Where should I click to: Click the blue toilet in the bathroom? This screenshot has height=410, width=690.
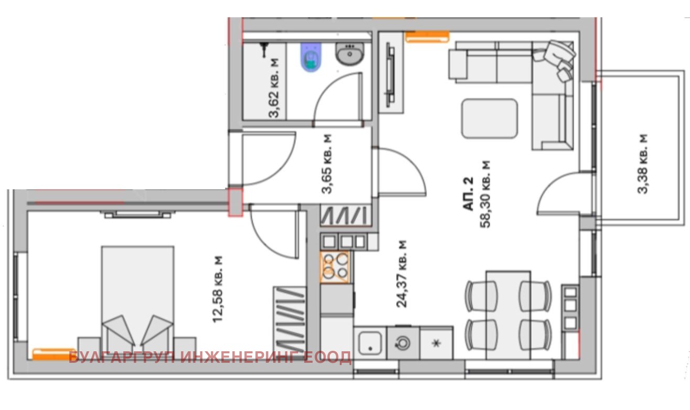pyautogui.click(x=311, y=57)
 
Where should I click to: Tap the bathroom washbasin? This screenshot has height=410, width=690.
pyautogui.click(x=349, y=53)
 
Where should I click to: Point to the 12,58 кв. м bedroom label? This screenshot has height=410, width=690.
pyautogui.click(x=219, y=289)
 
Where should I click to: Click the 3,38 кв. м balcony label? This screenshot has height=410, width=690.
pyautogui.click(x=643, y=164)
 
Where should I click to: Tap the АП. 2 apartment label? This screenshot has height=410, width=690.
pyautogui.click(x=468, y=195)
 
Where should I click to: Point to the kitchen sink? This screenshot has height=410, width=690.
pyautogui.click(x=370, y=343)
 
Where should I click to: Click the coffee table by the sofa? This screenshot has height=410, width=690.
pyautogui.click(x=489, y=119)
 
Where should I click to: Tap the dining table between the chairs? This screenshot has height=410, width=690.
pyautogui.click(x=508, y=314)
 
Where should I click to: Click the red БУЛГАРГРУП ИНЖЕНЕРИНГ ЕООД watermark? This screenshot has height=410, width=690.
pyautogui.click(x=210, y=358)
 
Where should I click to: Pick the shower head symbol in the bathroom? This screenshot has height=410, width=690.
pyautogui.click(x=264, y=50)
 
